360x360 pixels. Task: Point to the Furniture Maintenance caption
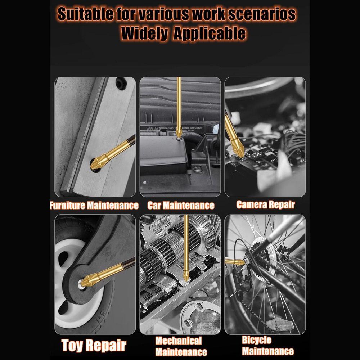94,206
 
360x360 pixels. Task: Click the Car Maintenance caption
180,206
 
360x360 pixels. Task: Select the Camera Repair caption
265,205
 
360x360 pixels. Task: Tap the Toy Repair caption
94,345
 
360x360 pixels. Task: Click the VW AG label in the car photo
152,128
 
